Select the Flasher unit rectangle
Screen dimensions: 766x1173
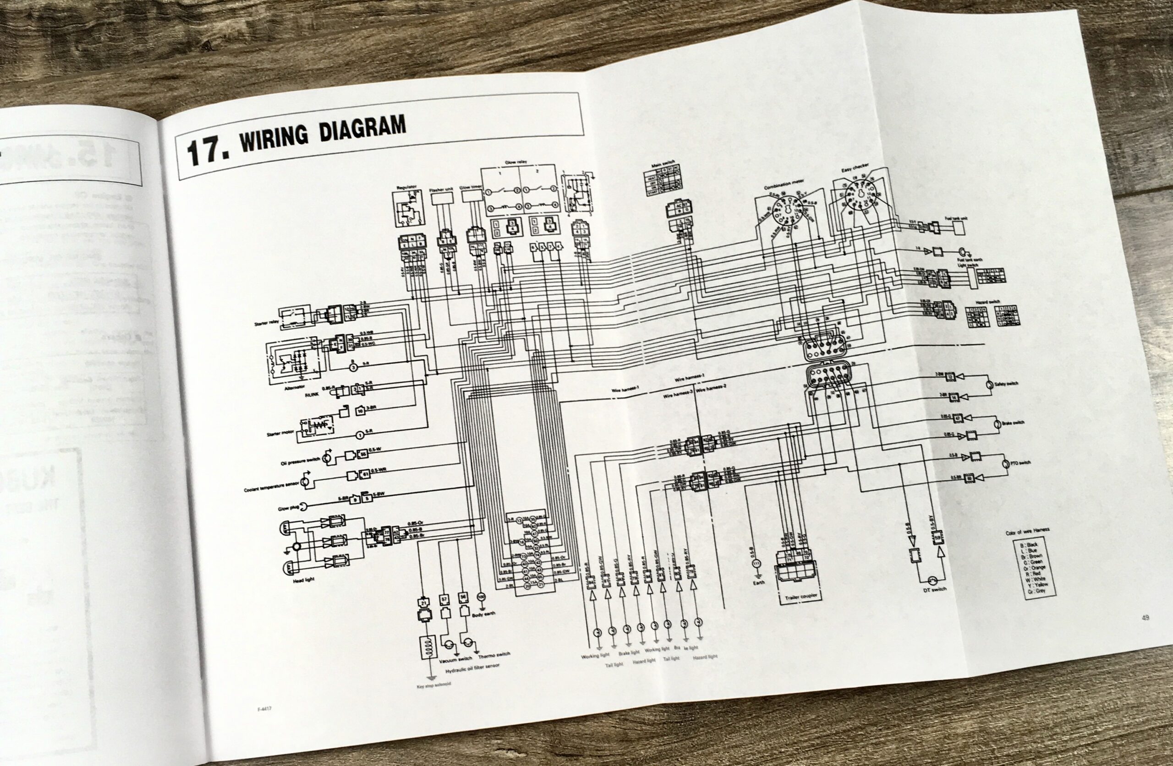442,198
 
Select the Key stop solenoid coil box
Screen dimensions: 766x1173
426,648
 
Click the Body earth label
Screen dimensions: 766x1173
483,614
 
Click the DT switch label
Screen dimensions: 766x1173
934,590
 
